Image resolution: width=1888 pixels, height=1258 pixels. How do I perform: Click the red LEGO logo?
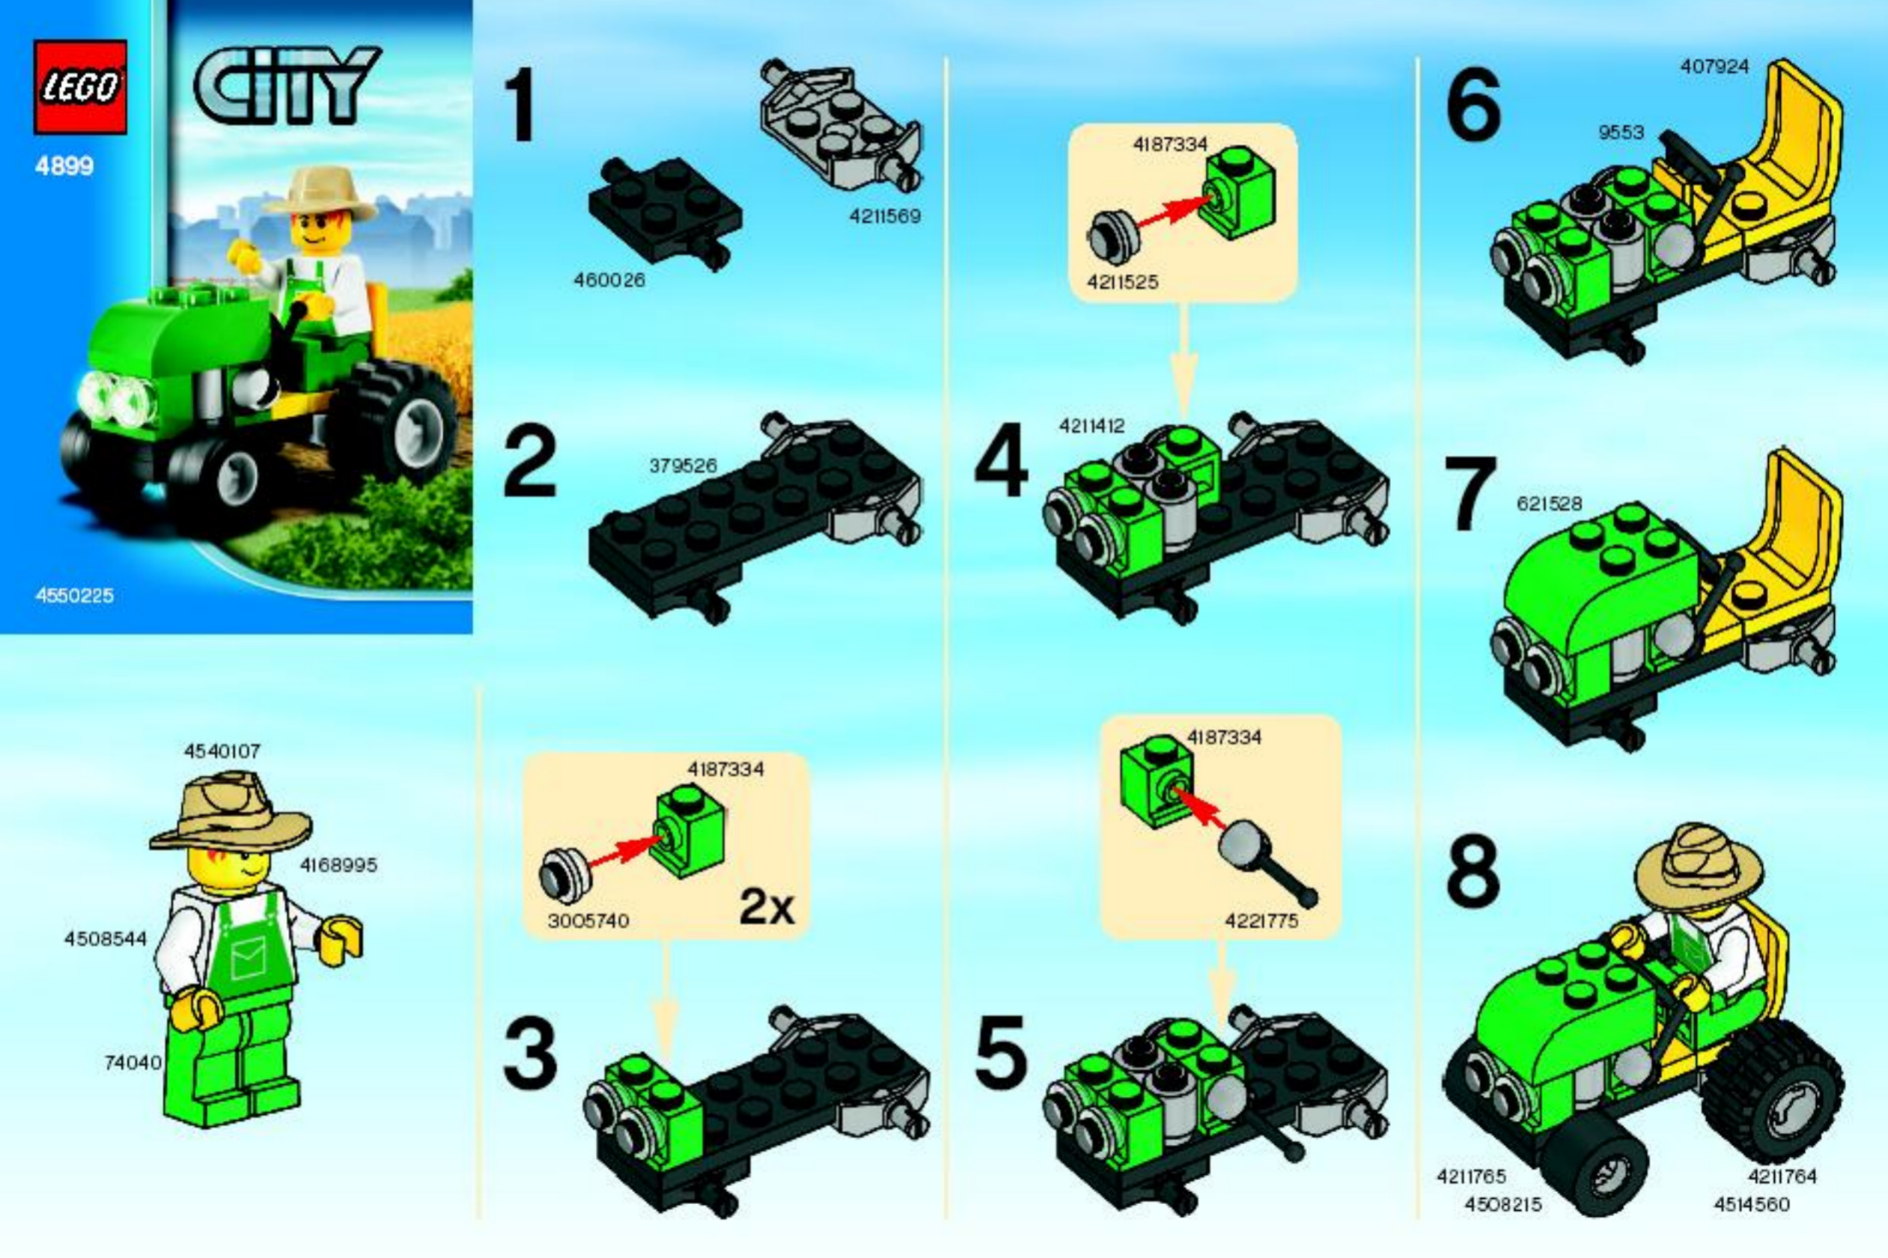[x=80, y=87]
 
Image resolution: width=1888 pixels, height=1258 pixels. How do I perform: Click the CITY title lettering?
[x=287, y=86]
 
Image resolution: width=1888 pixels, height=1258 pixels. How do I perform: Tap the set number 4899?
[x=64, y=166]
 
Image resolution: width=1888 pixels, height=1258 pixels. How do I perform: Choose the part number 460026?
[x=609, y=280]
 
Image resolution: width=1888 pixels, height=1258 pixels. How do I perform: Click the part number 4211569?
[x=885, y=216]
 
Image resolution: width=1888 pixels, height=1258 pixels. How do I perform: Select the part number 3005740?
[x=588, y=920]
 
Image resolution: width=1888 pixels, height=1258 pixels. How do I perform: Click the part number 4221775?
[x=1261, y=921]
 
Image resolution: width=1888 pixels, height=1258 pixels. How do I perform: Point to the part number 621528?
[x=1550, y=504]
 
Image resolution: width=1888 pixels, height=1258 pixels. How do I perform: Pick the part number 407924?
[x=1714, y=67]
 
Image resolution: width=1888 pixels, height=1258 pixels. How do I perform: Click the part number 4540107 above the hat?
[x=222, y=751]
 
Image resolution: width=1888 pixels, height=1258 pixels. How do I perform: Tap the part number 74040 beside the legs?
[x=133, y=1063]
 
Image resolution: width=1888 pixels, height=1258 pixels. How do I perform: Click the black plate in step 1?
[x=666, y=211]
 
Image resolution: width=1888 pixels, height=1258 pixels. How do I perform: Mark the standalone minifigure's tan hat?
[x=231, y=812]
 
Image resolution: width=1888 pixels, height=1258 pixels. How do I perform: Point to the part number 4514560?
[x=1752, y=1204]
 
